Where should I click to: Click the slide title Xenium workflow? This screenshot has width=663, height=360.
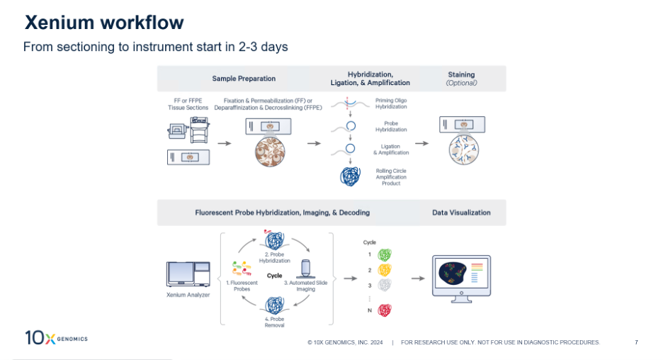tap(104, 23)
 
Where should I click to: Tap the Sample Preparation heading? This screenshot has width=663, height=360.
tap(244, 79)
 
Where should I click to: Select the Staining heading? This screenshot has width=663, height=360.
tap(461, 75)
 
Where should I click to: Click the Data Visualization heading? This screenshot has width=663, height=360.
tap(461, 213)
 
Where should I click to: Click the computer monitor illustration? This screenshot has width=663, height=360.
tap(461, 279)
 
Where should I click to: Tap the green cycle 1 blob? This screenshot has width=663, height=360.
tap(385, 254)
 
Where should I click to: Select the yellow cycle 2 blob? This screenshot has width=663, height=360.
tap(385, 270)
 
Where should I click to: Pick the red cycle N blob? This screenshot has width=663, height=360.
tap(385, 310)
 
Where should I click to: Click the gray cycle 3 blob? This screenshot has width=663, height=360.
tap(385, 285)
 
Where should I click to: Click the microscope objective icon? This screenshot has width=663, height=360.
tap(305, 269)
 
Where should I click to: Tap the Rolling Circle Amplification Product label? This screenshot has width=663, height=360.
tap(391, 177)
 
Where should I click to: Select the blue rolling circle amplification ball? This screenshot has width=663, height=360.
tap(351, 176)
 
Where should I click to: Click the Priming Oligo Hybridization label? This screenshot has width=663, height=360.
tap(391, 103)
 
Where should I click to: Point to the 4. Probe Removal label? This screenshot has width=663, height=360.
tap(274, 322)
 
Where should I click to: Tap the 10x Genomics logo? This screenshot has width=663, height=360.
tap(56, 337)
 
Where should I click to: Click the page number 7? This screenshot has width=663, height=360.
tap(636, 342)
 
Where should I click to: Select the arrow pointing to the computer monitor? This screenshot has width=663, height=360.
tap(418, 279)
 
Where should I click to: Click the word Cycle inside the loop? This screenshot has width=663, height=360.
tap(274, 276)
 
